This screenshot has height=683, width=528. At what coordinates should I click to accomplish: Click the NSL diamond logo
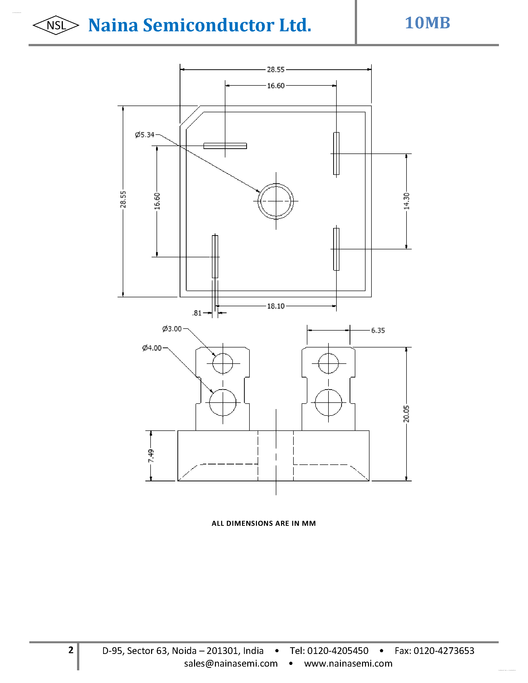click(x=56, y=25)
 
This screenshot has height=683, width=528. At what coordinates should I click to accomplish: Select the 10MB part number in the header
click(x=427, y=23)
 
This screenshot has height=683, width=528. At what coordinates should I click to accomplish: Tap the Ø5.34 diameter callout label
click(x=145, y=135)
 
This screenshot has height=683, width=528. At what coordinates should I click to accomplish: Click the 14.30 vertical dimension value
click(x=406, y=201)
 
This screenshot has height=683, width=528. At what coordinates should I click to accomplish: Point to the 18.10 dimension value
click(x=276, y=306)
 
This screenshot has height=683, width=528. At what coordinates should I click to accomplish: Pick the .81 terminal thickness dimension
click(x=197, y=313)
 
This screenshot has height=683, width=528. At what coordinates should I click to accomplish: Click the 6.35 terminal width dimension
click(x=378, y=331)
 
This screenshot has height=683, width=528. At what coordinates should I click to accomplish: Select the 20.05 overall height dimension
click(x=406, y=414)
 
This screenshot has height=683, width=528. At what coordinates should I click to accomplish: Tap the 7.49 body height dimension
click(x=151, y=456)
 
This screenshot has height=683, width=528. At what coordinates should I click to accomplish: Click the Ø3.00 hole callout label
click(x=172, y=329)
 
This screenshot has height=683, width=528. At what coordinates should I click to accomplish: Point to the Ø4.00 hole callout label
click(x=152, y=348)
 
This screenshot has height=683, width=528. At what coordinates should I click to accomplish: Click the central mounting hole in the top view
click(x=276, y=201)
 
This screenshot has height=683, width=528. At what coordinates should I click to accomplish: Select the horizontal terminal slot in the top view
click(x=225, y=146)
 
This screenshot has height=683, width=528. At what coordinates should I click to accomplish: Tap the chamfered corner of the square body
click(x=190, y=116)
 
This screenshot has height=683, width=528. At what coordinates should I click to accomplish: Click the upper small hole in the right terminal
click(x=328, y=363)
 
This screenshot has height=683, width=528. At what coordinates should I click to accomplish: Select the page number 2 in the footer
click(x=71, y=650)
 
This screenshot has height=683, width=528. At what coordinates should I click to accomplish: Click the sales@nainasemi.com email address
click(x=231, y=663)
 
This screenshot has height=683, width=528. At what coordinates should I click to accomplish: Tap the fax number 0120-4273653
click(x=444, y=651)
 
